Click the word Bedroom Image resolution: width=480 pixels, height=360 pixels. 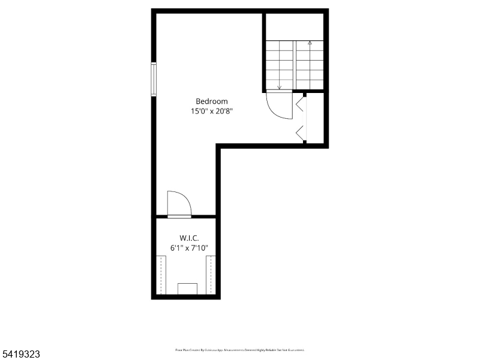click(x=212, y=101)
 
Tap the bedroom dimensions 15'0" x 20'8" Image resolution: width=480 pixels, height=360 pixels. click(x=212, y=111)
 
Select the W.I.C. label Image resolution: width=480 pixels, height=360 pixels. click(x=189, y=238)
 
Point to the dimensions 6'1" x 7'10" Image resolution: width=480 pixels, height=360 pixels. click(x=189, y=247)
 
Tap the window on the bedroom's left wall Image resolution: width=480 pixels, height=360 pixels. click(x=154, y=79)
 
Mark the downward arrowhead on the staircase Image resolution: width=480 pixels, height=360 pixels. click(x=280, y=87)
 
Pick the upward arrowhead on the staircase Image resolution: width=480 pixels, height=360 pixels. click(x=310, y=43)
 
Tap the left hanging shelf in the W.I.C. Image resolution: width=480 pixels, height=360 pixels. click(x=161, y=274)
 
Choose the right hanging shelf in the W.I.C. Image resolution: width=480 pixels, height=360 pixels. click(x=211, y=274)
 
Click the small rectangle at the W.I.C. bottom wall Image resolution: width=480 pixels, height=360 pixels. click(x=188, y=289)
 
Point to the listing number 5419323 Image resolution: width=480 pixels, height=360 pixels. click(x=21, y=355)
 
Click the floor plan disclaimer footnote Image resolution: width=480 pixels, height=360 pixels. click(x=240, y=349)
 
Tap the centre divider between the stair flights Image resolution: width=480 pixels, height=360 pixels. click(x=295, y=65)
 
